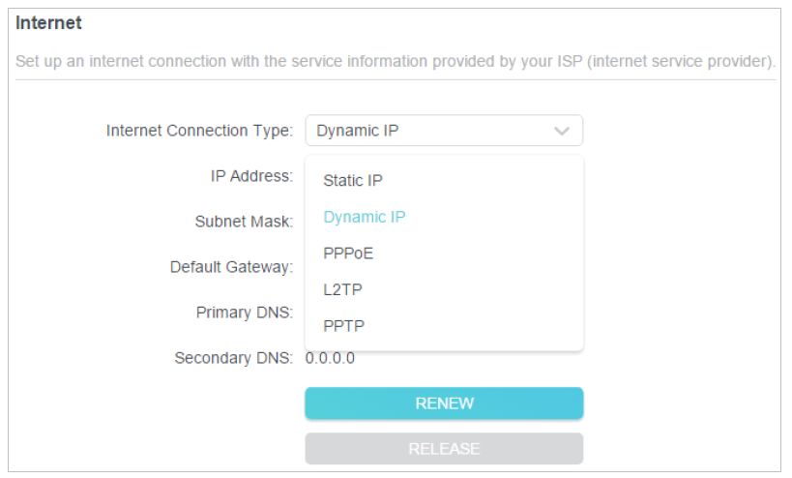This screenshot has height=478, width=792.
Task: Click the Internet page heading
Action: [x=48, y=22]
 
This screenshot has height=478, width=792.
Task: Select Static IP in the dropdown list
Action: [x=353, y=180]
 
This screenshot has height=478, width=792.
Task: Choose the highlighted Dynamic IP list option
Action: [x=365, y=217]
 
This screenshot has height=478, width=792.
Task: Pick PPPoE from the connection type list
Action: [x=348, y=254]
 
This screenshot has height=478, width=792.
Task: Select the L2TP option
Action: [x=342, y=289]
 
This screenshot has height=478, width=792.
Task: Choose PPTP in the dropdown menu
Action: [x=343, y=326]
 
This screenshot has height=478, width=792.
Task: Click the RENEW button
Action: [x=444, y=403]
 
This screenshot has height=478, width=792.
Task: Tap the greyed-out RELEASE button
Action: [x=444, y=449]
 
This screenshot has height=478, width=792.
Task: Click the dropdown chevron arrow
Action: [x=562, y=132]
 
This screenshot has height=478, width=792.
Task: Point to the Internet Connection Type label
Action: [x=199, y=131]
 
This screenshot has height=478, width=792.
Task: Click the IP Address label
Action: [x=251, y=176]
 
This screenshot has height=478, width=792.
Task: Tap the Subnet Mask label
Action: [x=244, y=222]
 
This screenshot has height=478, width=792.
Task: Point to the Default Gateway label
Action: [x=231, y=267]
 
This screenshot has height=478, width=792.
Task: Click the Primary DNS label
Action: [x=245, y=313]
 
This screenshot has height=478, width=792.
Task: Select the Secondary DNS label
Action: [x=233, y=358]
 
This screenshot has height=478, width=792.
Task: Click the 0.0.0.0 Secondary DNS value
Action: [x=330, y=358]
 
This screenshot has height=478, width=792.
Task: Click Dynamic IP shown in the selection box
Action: [x=357, y=131]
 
